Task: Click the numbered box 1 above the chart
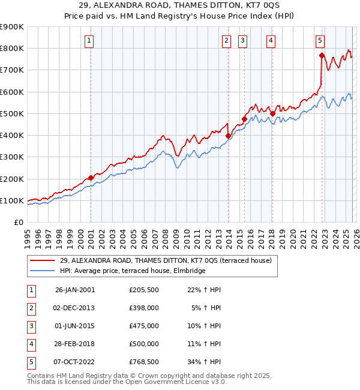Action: click(x=89, y=41)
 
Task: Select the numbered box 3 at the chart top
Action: click(x=242, y=41)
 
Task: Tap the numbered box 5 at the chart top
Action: click(x=320, y=41)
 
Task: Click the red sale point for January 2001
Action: click(x=91, y=178)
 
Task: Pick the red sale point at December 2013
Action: click(x=228, y=136)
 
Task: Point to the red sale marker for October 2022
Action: click(x=322, y=55)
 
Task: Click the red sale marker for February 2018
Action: click(x=272, y=113)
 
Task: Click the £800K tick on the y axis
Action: click(x=12, y=49)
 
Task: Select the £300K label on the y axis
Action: click(x=12, y=157)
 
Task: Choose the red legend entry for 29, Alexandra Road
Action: click(x=166, y=260)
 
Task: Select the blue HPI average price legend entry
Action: click(x=133, y=271)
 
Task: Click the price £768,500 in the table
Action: click(x=144, y=362)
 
